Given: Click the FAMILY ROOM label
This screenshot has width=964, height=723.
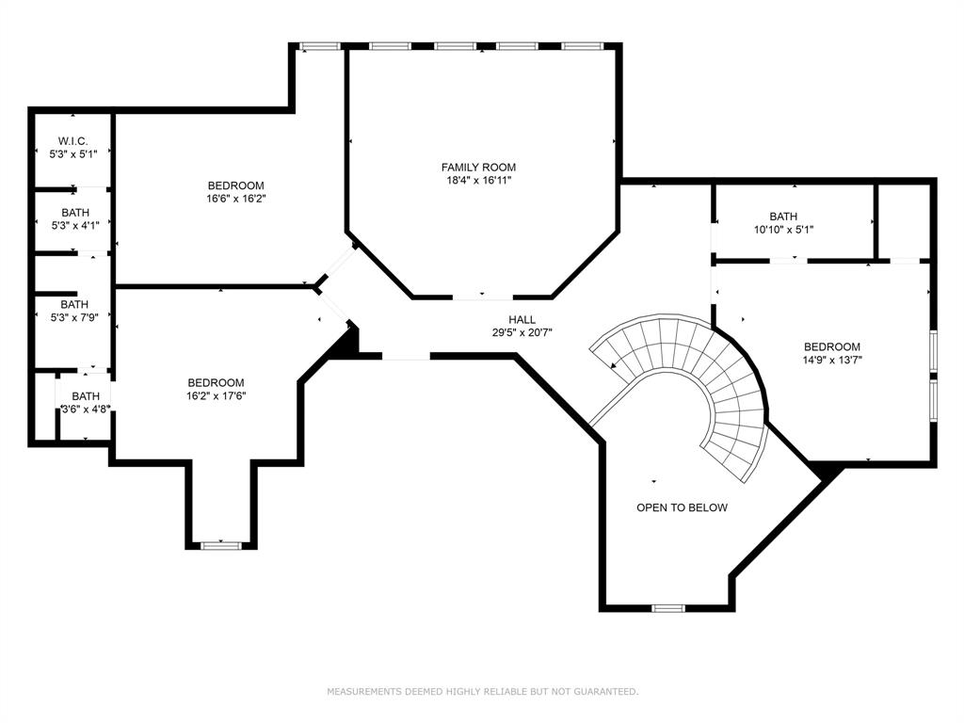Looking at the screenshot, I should [480, 167].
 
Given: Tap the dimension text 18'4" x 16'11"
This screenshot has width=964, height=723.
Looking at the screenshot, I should [480, 180].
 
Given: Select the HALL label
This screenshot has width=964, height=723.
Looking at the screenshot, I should [522, 320].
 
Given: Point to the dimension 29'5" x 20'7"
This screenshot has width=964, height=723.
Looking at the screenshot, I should [522, 332].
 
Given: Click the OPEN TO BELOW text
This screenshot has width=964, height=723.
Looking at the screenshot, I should [682, 507].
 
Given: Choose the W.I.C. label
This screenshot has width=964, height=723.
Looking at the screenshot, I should [72, 141].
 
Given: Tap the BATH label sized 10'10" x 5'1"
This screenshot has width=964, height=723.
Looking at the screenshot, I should [782, 217].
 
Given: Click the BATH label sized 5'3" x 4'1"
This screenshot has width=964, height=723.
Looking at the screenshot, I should [74, 213].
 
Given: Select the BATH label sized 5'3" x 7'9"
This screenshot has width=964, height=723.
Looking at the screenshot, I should [74, 305].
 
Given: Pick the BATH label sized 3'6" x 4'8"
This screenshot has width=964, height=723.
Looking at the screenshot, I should [86, 396].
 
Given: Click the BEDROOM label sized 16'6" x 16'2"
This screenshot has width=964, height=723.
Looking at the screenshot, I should [235, 185].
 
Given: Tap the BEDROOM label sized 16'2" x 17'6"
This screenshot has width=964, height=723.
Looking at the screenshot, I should [216, 382].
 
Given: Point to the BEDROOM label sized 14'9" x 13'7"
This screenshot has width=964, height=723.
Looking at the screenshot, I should [832, 346].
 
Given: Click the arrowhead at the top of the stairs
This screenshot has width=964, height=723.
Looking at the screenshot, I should [615, 364].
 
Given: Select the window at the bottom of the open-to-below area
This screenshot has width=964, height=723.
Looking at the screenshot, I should [667, 608].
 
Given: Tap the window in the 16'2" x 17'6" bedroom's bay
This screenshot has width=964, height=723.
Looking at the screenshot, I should [220, 543].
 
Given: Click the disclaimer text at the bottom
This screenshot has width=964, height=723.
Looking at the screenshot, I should [482, 692].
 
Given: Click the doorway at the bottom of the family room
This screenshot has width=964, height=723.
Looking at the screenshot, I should [482, 297].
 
